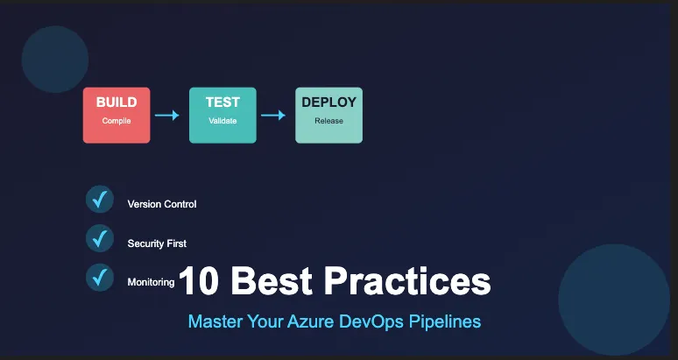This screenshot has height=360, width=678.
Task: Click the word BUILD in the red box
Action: tap(117, 102)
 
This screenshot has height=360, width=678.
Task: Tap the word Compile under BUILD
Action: tap(117, 121)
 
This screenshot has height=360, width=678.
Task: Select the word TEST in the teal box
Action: tap(222, 102)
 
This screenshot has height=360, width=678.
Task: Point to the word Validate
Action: tap(222, 121)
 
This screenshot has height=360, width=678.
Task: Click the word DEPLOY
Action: tap(329, 102)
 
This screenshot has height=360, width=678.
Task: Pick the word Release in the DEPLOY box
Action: tap(329, 121)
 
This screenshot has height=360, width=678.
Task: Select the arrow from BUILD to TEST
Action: tap(167, 116)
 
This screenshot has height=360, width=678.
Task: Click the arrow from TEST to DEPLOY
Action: tap(273, 116)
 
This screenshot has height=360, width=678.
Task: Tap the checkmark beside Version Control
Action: tap(100, 199)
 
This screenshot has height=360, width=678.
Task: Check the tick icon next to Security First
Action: tap(100, 238)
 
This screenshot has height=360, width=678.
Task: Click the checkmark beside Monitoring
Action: tap(100, 278)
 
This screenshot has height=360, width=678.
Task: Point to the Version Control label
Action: tap(162, 204)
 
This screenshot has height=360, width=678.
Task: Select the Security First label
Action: tap(157, 244)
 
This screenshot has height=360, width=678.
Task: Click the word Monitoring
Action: tap(151, 283)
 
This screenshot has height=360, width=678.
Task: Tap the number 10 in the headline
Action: tap(199, 280)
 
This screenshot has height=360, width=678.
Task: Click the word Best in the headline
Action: tap(272, 280)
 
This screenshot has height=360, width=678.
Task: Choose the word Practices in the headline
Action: tap(407, 280)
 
